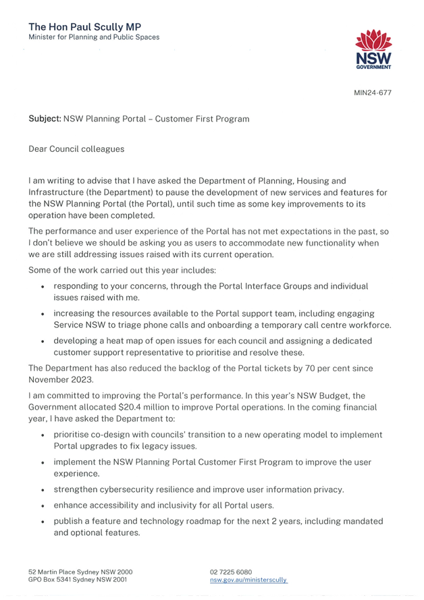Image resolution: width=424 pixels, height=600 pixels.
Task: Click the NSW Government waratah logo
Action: (373, 49)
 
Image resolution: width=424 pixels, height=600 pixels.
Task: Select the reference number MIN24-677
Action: (373, 92)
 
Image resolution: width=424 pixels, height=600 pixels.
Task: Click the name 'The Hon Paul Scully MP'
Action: (85, 27)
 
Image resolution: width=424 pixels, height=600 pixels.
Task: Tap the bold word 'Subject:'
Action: (45, 119)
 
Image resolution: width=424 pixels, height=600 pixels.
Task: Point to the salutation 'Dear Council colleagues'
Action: (76, 149)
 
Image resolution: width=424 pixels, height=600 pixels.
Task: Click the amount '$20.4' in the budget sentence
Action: (129, 407)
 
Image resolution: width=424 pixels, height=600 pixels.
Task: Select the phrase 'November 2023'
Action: (61, 379)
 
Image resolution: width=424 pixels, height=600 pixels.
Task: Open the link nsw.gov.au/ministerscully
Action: (248, 580)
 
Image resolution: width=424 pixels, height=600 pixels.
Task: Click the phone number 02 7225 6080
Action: (231, 572)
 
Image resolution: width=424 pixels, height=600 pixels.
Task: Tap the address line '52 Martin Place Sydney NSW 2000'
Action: (80, 572)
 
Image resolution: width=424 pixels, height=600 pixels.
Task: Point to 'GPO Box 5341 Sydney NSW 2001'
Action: (78, 580)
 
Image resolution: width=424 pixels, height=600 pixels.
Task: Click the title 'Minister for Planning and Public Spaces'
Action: (94, 37)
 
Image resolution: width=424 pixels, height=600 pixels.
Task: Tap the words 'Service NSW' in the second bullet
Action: (74, 325)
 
